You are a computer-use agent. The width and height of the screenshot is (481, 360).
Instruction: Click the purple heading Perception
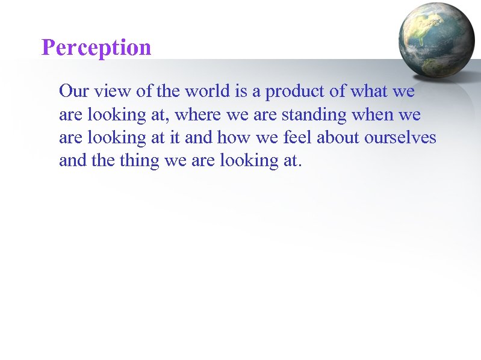coord(96,48)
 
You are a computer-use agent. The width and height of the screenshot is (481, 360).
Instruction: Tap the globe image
coord(436,40)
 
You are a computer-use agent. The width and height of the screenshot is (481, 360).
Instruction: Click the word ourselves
coord(400,137)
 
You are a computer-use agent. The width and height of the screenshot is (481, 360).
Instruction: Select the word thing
coord(135,161)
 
